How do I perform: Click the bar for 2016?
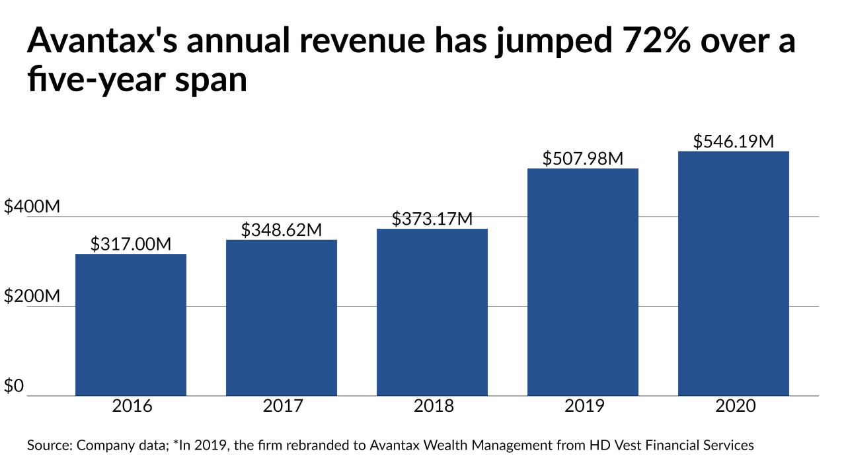tap(131, 325)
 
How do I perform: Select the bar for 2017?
tap(282, 318)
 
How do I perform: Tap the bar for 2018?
tap(432, 312)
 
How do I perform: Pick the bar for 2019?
tap(582, 282)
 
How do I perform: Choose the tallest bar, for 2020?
tap(733, 274)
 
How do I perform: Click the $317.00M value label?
tap(131, 244)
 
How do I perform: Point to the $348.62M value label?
tap(282, 230)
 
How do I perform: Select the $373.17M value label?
tap(432, 219)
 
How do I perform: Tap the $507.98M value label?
tap(582, 159)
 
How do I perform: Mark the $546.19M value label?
tap(733, 141)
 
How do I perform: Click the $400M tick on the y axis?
tap(32, 207)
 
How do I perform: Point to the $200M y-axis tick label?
tap(32, 297)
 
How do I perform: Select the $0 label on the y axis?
tap(15, 386)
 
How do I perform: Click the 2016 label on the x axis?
tap(131, 406)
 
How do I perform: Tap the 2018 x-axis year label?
tap(432, 406)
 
